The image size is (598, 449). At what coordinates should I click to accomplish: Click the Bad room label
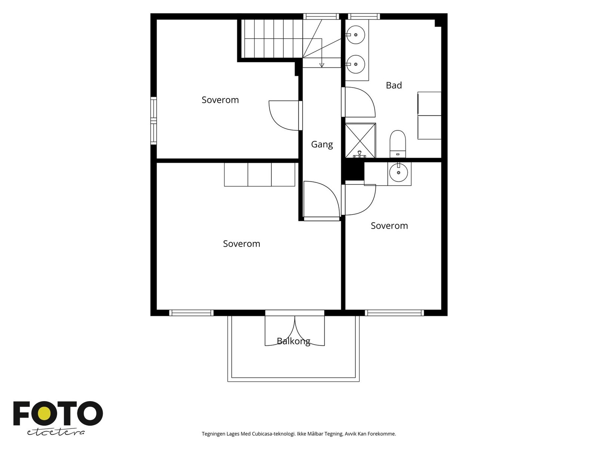pos(394,85)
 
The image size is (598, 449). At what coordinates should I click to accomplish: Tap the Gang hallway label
pos(322,144)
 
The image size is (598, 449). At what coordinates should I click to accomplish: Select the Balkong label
pos(293,341)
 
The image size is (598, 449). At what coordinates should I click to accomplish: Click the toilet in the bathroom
pos(398,144)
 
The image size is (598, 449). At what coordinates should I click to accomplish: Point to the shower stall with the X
pos(360,141)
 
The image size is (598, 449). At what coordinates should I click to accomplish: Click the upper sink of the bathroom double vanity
pos(355,35)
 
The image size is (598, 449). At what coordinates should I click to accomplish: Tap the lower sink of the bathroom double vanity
pos(355,64)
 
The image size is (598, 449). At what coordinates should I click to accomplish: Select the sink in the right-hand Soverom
pos(398,172)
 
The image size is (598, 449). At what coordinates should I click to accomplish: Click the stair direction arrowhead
pos(322,65)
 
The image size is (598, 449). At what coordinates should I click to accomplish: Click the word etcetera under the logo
pos(56,433)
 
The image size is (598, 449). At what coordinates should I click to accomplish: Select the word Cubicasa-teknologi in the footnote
pos(274,434)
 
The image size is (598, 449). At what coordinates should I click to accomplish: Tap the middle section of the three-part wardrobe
pos(259,174)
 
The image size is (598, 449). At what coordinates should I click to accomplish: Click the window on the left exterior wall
pos(154,120)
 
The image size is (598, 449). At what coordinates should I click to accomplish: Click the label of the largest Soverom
pos(241,244)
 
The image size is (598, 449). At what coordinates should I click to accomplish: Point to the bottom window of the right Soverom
pos(394,313)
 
